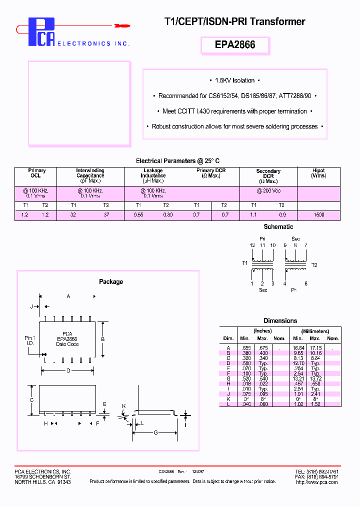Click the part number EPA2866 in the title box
tap(235, 44)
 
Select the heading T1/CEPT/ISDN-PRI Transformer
tap(234, 21)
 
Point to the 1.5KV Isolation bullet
tap(234, 80)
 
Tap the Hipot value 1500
tap(318, 214)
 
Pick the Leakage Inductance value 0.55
tap(139, 214)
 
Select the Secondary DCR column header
tap(268, 176)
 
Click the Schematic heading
tap(278, 226)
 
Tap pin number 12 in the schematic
tap(252, 245)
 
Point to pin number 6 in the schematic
tap(305, 283)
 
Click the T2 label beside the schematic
tap(314, 264)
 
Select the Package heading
tap(110, 282)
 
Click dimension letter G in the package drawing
tap(155, 432)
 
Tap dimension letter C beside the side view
tap(31, 400)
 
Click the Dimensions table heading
tap(280, 320)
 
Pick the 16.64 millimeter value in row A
tap(298, 347)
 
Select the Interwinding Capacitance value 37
tap(106, 214)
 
